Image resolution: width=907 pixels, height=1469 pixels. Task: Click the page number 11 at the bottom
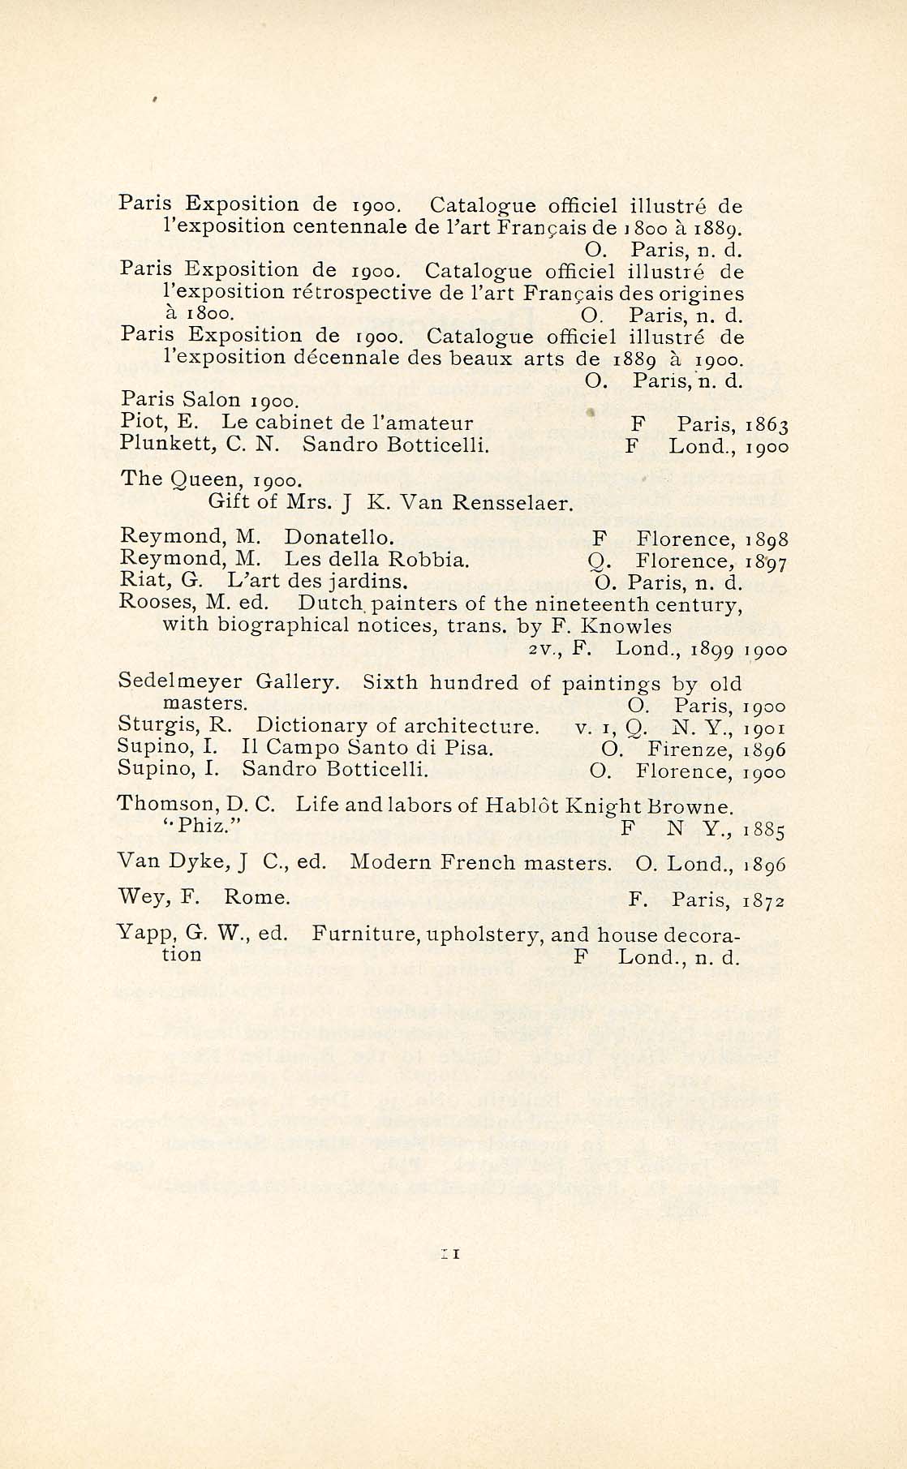coord(450,1253)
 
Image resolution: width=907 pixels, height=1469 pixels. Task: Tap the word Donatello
coord(339,537)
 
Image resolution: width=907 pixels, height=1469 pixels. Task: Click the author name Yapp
coord(139,934)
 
